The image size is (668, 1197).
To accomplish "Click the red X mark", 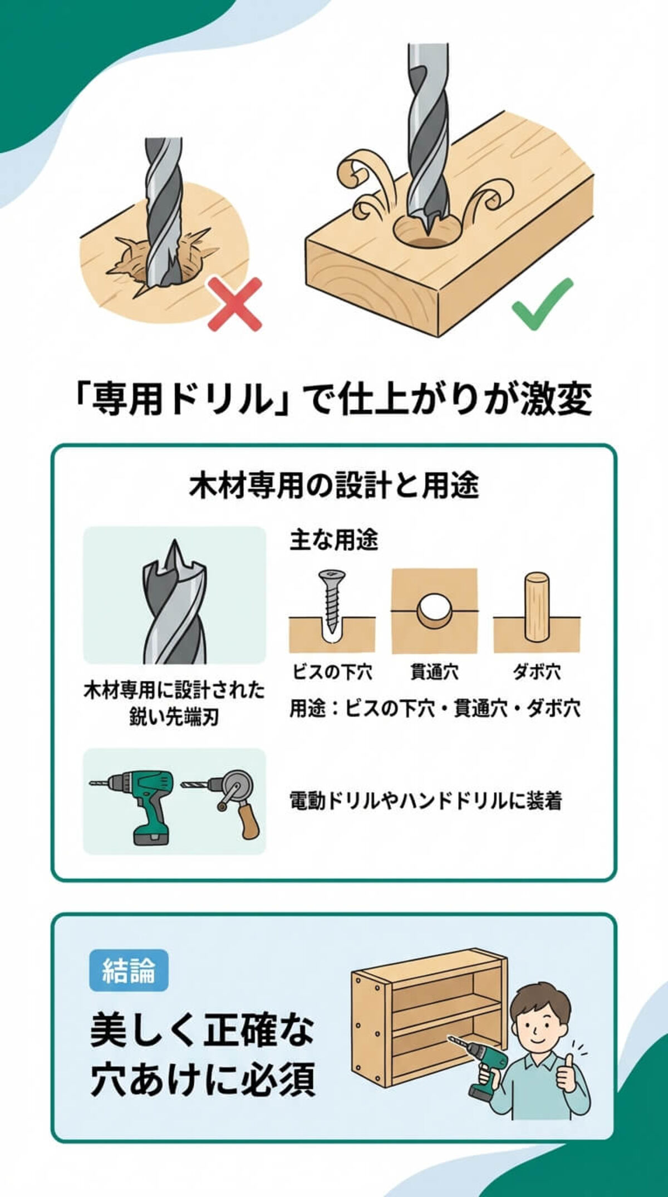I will click(235, 305).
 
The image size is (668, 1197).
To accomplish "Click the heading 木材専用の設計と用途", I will click(334, 485).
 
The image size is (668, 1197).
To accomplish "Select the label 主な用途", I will click(333, 540).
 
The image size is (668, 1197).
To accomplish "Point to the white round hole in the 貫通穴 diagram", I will click(435, 609).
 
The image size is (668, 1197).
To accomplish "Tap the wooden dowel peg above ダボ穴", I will click(537, 607).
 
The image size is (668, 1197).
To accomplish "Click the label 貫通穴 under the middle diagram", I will click(435, 672).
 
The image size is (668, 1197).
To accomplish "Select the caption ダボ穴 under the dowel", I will click(537, 672).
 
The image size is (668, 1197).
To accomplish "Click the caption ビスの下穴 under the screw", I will click(332, 672).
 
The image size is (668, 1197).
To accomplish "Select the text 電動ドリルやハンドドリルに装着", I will click(426, 801).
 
